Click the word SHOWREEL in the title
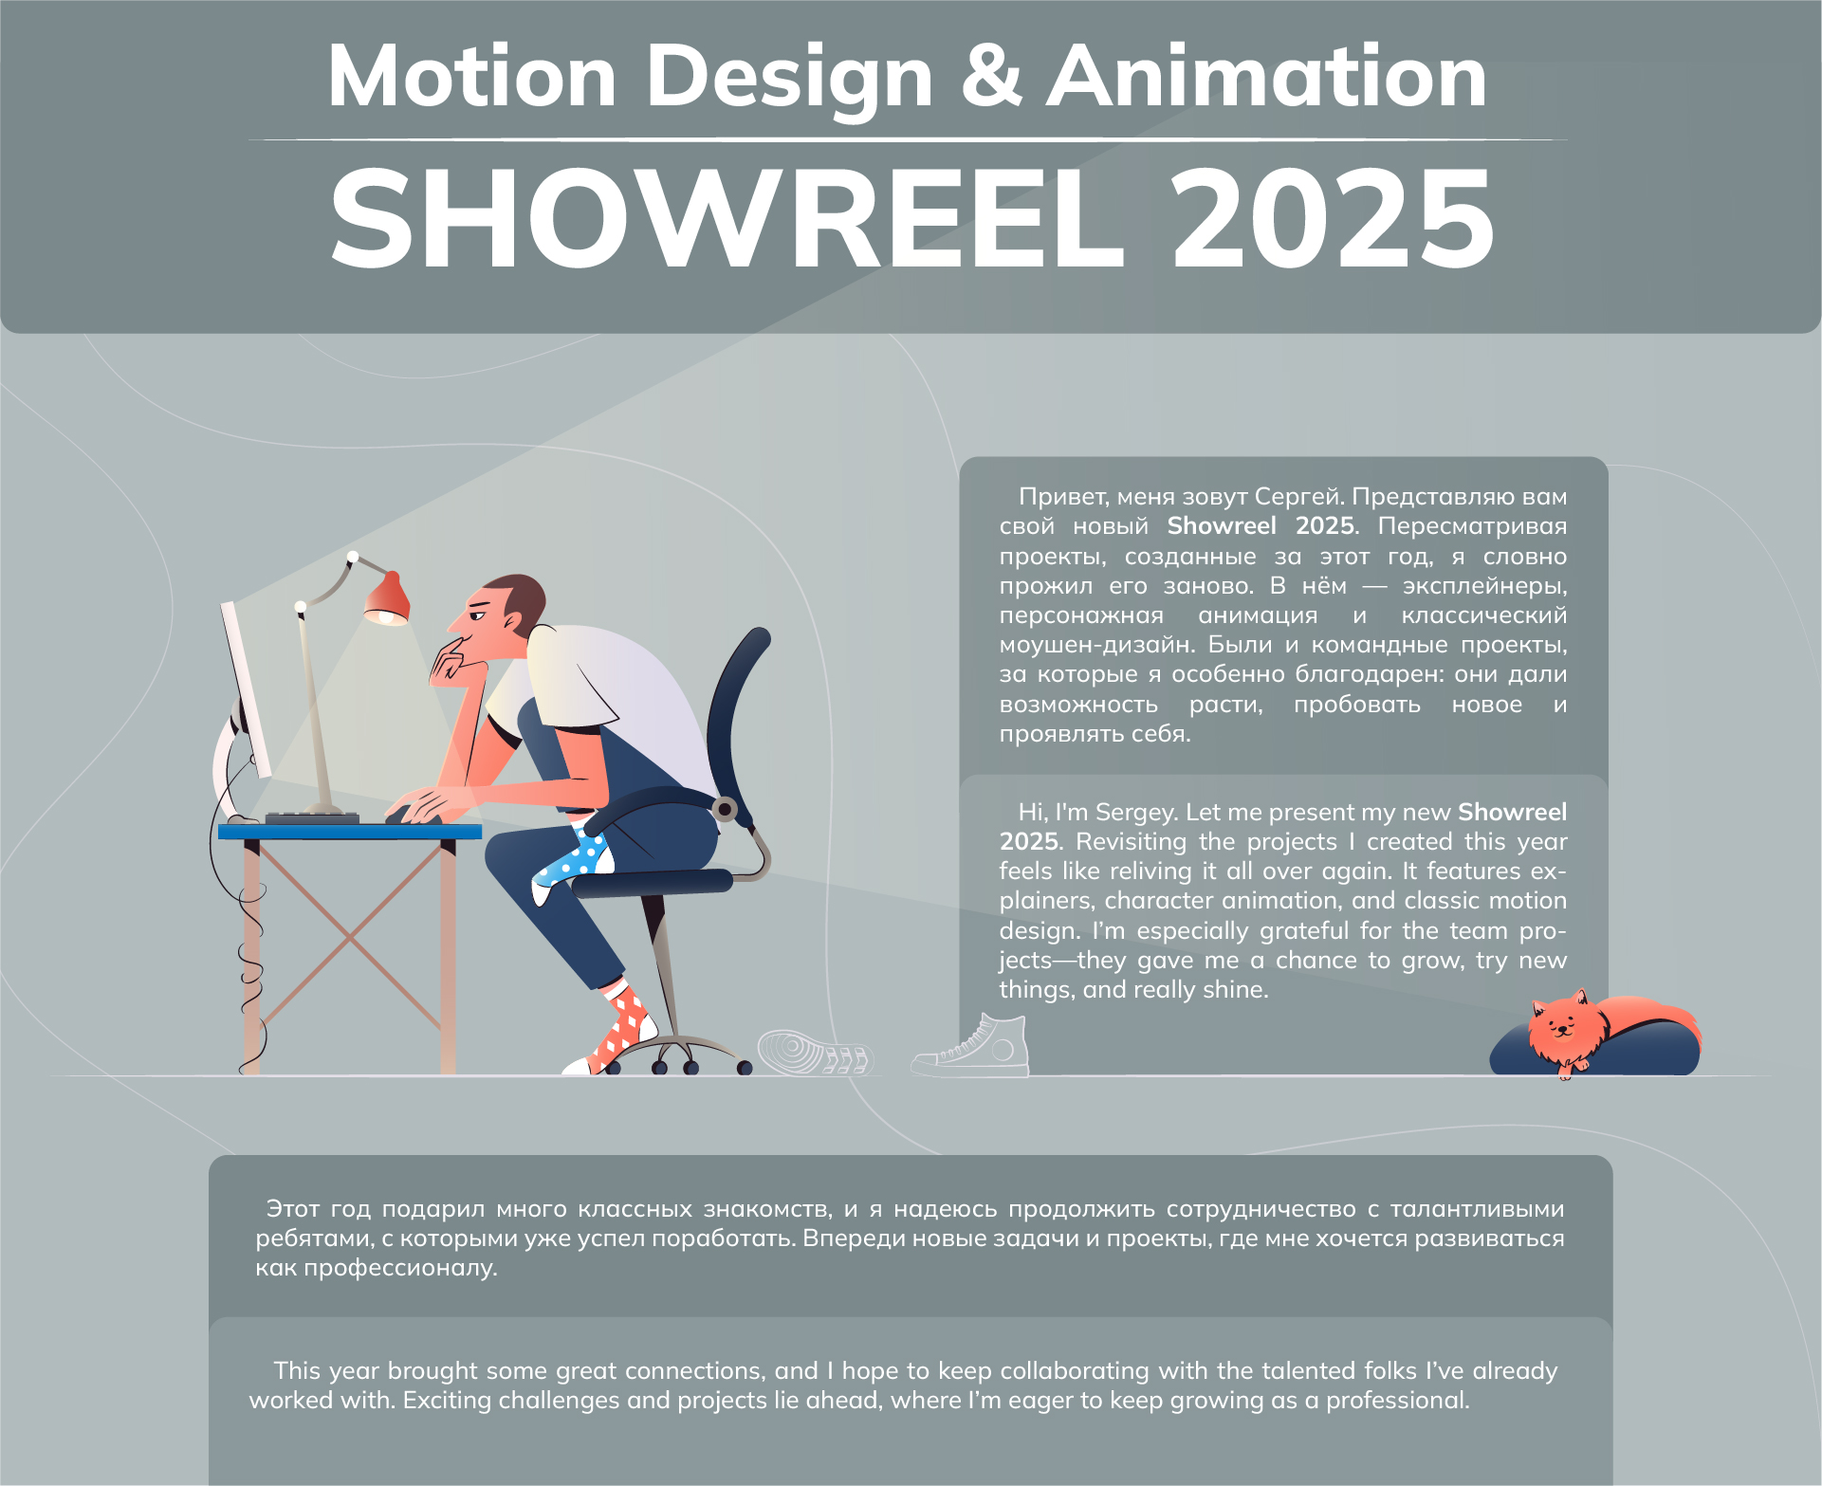tap(726, 219)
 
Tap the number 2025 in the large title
tap(1333, 219)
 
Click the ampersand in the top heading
tap(991, 76)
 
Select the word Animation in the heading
tap(1266, 76)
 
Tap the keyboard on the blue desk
tap(312, 817)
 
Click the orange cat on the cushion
tap(1570, 1029)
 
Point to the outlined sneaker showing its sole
tap(814, 1053)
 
